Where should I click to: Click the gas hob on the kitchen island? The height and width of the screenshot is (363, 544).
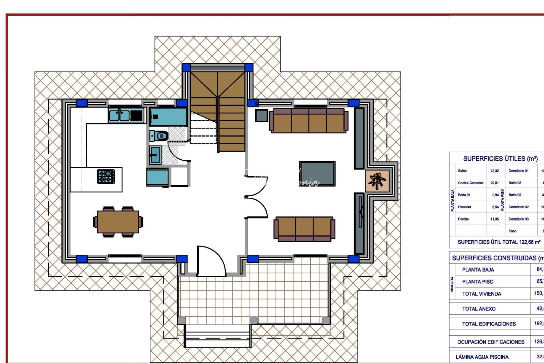click(x=106, y=176)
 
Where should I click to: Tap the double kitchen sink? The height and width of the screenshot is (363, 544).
click(x=119, y=115)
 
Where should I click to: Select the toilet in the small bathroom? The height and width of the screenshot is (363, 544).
click(x=159, y=136)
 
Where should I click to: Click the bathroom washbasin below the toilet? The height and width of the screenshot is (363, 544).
click(x=155, y=155)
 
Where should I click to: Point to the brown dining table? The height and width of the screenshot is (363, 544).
click(x=118, y=221)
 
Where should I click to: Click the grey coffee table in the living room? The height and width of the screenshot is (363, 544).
click(x=317, y=173)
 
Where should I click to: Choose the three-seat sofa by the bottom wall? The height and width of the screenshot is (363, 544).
click(x=304, y=229)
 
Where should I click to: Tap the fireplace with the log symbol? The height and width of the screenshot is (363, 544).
click(x=377, y=181)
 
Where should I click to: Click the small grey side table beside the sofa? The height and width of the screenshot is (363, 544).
click(x=262, y=116)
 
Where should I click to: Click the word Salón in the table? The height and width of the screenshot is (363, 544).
click(x=462, y=171)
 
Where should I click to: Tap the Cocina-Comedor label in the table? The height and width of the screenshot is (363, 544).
click(x=470, y=183)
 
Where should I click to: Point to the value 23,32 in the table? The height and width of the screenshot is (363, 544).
click(x=494, y=171)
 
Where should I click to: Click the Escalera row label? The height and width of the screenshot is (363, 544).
click(x=464, y=207)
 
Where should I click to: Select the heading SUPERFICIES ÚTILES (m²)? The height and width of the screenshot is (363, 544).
click(x=500, y=159)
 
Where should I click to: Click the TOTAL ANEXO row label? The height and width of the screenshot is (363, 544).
click(x=479, y=309)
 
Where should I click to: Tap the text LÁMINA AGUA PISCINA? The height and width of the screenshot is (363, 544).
click(x=482, y=357)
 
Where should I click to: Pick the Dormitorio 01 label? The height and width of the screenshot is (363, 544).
click(x=518, y=171)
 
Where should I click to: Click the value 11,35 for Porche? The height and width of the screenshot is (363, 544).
click(x=494, y=219)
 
